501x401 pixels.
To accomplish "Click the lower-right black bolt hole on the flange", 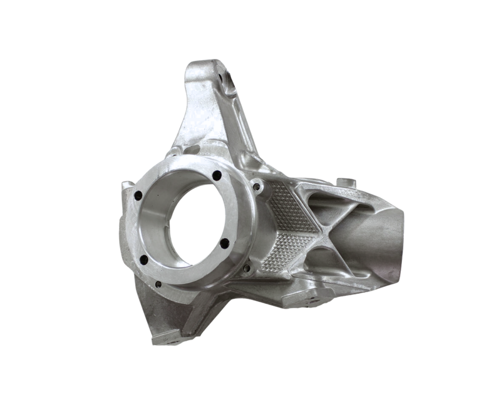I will [x=224, y=243].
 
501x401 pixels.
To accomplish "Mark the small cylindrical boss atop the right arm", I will [x=346, y=182].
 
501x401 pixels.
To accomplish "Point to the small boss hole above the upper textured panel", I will [x=256, y=185].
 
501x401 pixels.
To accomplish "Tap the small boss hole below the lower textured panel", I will [x=248, y=268].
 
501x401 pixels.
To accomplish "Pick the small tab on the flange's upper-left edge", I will [x=127, y=185].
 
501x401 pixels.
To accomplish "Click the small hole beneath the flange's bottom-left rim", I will [x=158, y=284].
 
